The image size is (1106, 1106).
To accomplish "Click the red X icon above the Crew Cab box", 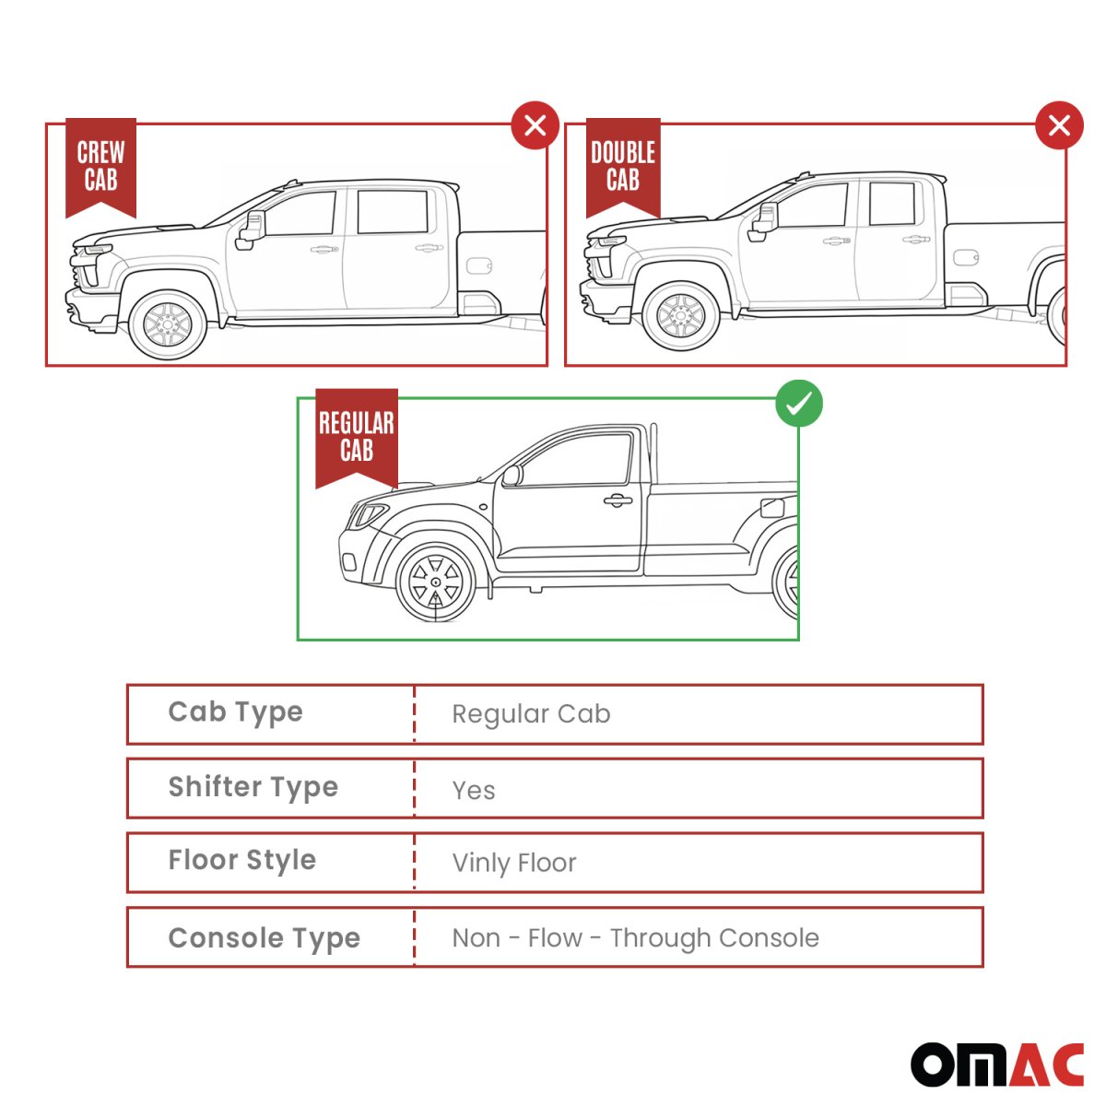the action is coord(535,125).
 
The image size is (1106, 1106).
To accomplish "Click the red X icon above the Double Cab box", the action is coord(1059,125).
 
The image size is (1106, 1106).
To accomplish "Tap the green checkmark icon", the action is coord(798,403).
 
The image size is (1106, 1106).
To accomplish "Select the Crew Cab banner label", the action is coord(101,167).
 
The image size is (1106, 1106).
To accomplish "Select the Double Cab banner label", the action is coord(623,167).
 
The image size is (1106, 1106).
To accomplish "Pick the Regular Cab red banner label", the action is coord(357,438).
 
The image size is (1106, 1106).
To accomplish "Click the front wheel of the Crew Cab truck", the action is coord(167,324).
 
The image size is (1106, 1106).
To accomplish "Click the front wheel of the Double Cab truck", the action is coord(681,316).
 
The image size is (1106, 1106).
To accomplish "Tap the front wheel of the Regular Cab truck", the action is coord(436,582).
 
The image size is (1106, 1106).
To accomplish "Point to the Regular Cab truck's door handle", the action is coord(618,500).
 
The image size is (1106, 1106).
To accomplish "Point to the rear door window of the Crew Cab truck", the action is coord(393,211).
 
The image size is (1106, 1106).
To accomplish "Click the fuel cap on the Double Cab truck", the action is coord(966,256).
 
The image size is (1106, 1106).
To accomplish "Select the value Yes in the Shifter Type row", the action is coord(473,790).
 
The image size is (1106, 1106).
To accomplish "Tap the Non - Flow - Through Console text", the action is coord(635,938).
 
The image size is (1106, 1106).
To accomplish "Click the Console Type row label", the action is coord(264,939).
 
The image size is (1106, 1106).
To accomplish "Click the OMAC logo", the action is coord(997,1065).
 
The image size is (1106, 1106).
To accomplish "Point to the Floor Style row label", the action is coord(241,861).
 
